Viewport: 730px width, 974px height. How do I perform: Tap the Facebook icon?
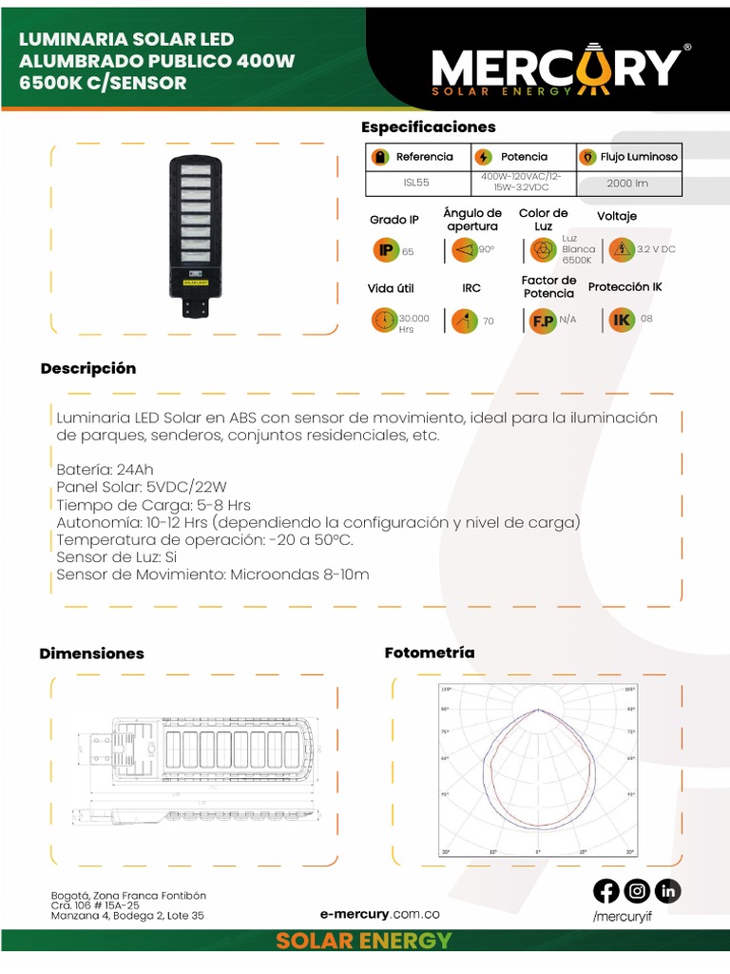tap(606, 891)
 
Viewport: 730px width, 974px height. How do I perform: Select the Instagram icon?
tap(638, 891)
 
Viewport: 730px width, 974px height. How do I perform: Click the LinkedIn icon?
tap(668, 891)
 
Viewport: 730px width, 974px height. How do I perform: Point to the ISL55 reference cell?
tap(417, 183)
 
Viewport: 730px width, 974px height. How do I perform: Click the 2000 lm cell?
tap(627, 183)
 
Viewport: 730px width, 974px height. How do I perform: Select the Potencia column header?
tap(524, 157)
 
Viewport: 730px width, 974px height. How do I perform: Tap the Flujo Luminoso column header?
tap(628, 157)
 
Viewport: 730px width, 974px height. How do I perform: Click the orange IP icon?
tap(385, 251)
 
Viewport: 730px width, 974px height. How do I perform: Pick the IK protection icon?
tap(622, 320)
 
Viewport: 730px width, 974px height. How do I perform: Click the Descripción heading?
tap(88, 369)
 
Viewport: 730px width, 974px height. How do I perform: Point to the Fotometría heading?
tap(429, 653)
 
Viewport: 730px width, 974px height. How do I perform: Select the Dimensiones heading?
tap(91, 653)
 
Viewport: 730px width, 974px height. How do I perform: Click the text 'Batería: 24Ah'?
tap(105, 470)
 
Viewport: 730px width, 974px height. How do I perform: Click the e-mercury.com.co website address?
tap(380, 914)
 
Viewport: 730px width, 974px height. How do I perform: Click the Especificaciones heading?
tap(429, 127)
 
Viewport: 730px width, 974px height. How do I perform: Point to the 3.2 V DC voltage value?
tap(657, 249)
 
